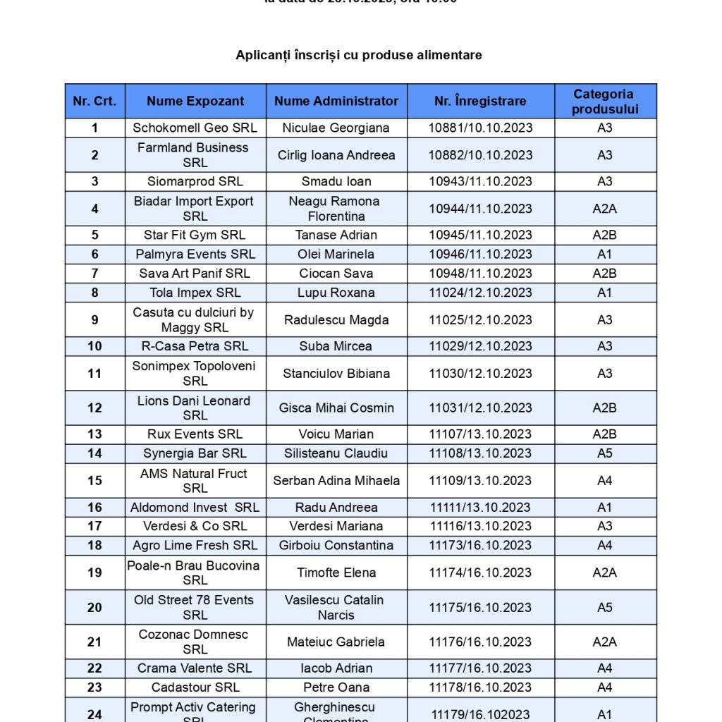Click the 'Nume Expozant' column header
click(195, 101)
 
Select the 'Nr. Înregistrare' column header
click(480, 101)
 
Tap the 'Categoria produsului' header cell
click(604, 101)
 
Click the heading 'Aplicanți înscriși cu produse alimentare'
click(359, 55)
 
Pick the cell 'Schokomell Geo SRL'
click(195, 128)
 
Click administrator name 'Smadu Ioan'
click(336, 181)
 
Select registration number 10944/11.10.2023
click(480, 208)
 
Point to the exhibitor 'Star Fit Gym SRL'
click(195, 235)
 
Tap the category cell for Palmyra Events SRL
click(604, 254)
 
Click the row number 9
click(94, 319)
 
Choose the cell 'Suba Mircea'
click(336, 346)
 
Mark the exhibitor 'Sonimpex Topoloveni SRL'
click(195, 373)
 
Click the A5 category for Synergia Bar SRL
click(604, 453)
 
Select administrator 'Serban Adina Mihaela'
click(336, 480)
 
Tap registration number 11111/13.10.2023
click(480, 507)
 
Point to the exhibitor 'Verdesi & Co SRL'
click(195, 526)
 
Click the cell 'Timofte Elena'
click(336, 573)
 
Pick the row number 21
click(94, 642)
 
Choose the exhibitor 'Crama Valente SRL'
click(195, 668)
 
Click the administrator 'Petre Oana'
click(336, 687)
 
